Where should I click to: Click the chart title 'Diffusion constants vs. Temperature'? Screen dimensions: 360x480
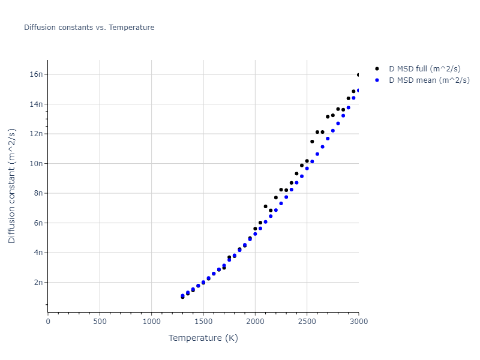tap(89, 28)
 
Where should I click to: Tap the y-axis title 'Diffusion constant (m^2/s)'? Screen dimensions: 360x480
tap(12, 186)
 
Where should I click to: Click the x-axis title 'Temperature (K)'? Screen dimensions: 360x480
tap(203, 338)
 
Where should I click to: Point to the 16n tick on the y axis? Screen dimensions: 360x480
tap(37, 74)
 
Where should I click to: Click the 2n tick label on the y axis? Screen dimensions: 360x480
tap(38, 282)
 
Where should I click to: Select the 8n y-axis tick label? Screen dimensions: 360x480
tap(38, 193)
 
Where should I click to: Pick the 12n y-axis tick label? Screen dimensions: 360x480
tap(37, 134)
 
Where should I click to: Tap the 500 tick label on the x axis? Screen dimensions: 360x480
tap(100, 322)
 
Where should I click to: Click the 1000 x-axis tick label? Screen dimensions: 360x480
tap(151, 322)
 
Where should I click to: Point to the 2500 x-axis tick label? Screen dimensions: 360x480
tap(307, 322)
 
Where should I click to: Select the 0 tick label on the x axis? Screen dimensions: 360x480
tap(48, 322)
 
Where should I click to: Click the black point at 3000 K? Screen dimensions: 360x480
tap(359, 75)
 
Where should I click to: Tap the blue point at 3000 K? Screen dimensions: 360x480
tap(359, 91)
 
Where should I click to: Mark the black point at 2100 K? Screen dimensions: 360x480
tap(265, 206)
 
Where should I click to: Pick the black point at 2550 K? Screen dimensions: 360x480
tap(312, 142)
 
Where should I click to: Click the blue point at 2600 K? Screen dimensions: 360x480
tap(317, 154)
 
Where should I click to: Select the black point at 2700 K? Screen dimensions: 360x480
tap(328, 117)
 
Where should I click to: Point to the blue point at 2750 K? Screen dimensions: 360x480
tap(333, 131)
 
